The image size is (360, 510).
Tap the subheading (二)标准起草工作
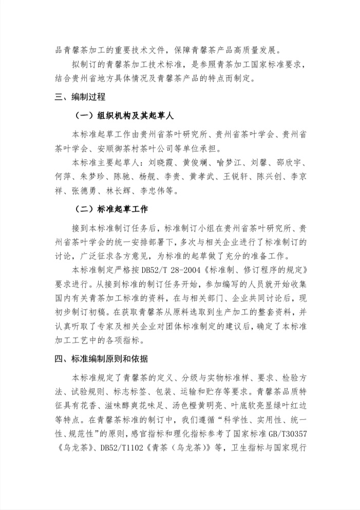[x=110, y=210]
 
